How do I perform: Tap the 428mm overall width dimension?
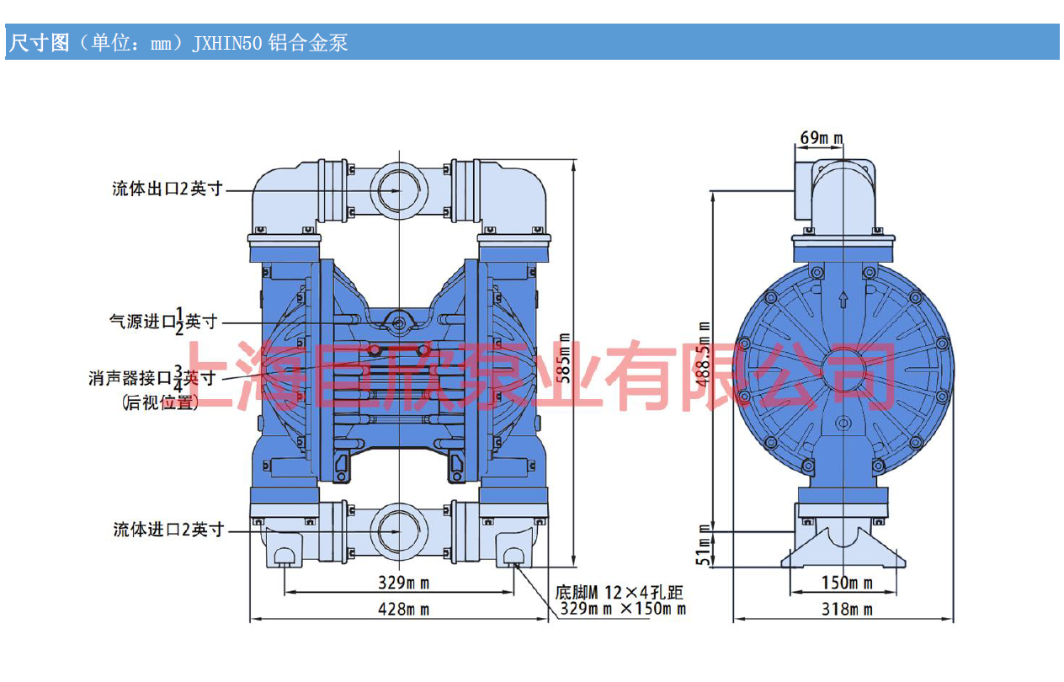403,610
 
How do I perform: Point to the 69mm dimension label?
822,138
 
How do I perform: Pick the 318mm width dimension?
847,610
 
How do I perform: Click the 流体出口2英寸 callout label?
168,189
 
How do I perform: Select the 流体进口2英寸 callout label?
168,529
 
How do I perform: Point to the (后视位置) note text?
160,402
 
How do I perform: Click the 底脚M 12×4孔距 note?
619,593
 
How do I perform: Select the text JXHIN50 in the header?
227,43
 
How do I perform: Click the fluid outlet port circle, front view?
399,190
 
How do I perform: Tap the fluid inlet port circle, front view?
399,531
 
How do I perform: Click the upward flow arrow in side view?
843,300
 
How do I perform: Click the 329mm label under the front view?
403,583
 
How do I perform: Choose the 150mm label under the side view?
847,583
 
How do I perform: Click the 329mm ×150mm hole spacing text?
623,609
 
